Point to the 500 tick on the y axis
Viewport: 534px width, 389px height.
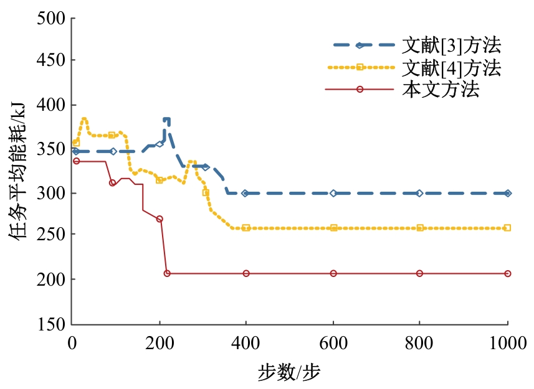pyautogui.click(x=53, y=18)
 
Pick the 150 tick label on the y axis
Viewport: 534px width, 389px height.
pyautogui.click(x=53, y=324)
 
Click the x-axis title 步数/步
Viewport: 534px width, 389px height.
pyautogui.click(x=289, y=372)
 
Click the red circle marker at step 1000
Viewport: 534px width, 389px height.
pyautogui.click(x=508, y=274)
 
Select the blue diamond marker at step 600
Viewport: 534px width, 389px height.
pyautogui.click(x=333, y=194)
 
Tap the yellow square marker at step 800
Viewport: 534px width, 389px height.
pyautogui.click(x=420, y=228)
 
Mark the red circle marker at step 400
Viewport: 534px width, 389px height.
pyautogui.click(x=246, y=274)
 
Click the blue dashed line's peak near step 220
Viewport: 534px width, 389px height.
pyautogui.click(x=166, y=119)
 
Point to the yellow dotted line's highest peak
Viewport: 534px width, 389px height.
pyautogui.click(x=84, y=118)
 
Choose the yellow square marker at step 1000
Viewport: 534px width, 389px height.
pyautogui.click(x=507, y=228)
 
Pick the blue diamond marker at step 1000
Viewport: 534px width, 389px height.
pyautogui.click(x=508, y=194)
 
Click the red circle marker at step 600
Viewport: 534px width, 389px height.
pyautogui.click(x=333, y=274)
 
